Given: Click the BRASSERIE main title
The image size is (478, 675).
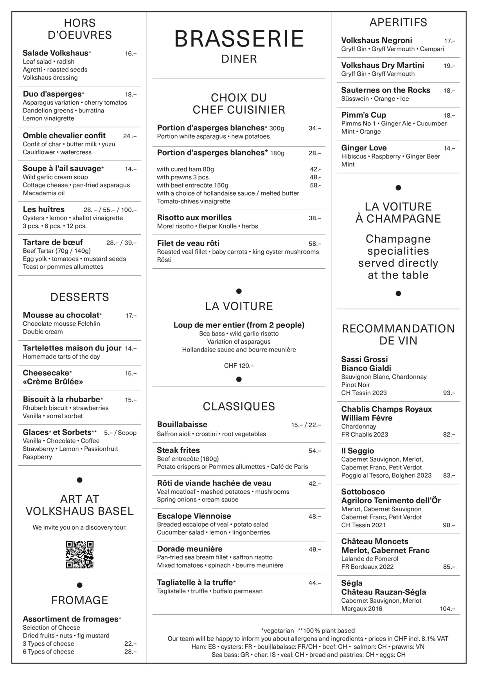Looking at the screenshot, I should [x=239, y=39].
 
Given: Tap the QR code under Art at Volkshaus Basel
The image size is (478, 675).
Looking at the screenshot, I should [x=80, y=554].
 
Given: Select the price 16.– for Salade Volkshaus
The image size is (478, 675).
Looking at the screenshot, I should [x=131, y=54].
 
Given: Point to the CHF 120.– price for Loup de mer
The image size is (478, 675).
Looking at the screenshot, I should [x=239, y=366].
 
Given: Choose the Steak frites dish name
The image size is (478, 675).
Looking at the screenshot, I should [x=178, y=450].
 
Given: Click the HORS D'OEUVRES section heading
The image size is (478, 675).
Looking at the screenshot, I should [x=80, y=29].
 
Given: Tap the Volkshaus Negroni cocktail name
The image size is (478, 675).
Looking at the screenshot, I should [x=376, y=41].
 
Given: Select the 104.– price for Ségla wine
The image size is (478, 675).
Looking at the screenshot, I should [x=447, y=609].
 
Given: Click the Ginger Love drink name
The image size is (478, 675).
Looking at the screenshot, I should [x=364, y=148].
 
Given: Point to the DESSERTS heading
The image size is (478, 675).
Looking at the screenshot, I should [x=80, y=297].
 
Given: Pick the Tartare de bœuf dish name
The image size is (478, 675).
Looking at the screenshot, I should [x=53, y=242].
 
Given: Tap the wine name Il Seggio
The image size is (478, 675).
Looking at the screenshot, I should [x=358, y=451].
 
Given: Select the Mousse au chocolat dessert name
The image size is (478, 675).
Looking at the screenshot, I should [x=61, y=315].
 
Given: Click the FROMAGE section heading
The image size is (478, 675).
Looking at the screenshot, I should [x=80, y=600].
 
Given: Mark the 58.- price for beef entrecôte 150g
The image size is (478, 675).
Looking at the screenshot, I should [x=315, y=185].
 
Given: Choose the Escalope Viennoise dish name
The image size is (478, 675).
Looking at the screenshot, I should [x=194, y=516].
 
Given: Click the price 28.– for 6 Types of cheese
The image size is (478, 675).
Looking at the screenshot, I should [x=131, y=652].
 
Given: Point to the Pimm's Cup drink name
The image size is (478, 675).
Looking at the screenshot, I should [x=363, y=115].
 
